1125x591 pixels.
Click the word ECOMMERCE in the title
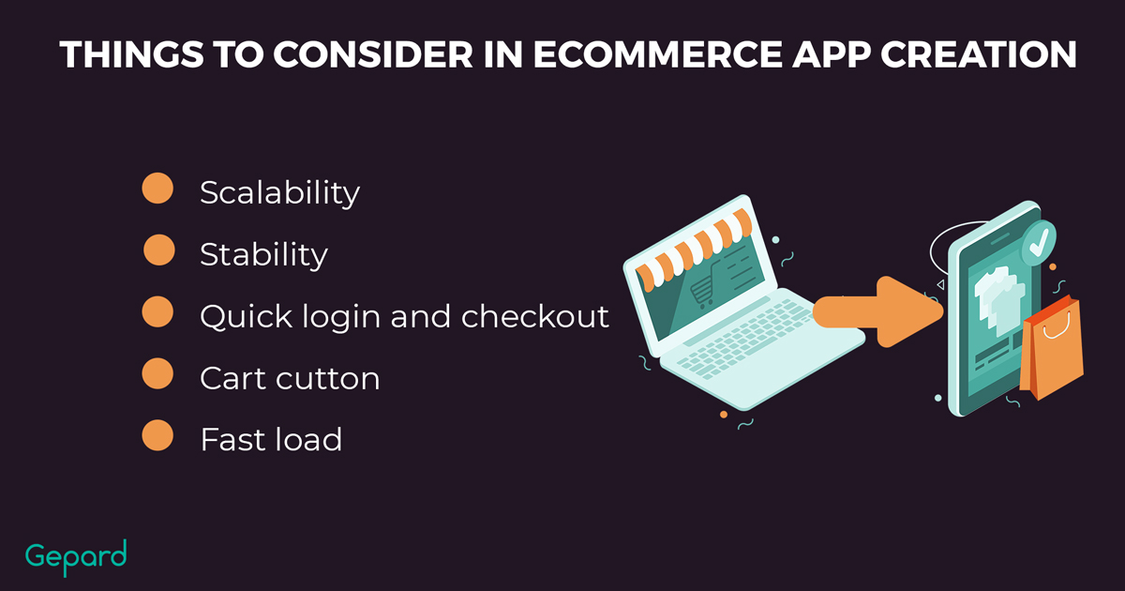[x=657, y=53]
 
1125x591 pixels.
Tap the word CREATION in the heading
[x=979, y=53]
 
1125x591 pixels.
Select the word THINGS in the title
[x=132, y=53]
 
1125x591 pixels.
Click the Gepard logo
[x=76, y=557]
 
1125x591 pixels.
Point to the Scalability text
[x=279, y=193]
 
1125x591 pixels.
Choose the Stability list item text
[x=263, y=255]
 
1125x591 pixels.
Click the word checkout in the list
[x=535, y=316]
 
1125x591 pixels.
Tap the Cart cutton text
[x=290, y=378]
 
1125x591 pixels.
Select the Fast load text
[x=271, y=439]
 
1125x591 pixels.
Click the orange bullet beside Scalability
[x=157, y=188]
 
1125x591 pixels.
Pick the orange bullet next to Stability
[x=159, y=250]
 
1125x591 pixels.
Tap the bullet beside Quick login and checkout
[x=157, y=311]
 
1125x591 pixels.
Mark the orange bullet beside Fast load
[x=157, y=435]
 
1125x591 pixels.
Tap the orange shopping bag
[x=1051, y=348]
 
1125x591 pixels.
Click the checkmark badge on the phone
[x=1039, y=243]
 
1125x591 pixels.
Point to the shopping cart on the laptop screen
[x=705, y=286]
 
